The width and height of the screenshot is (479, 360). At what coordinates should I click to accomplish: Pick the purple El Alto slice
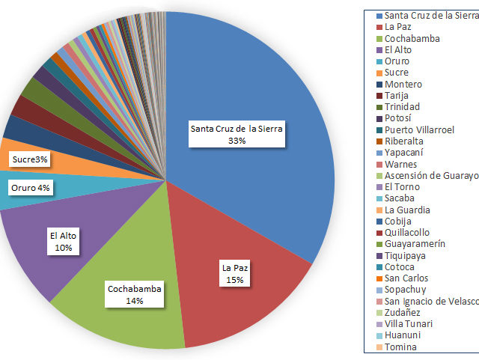pos(45,254)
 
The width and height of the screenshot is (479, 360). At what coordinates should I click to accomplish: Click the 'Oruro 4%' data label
pos(31,188)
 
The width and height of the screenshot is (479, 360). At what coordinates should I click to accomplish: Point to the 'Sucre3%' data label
pos(29,160)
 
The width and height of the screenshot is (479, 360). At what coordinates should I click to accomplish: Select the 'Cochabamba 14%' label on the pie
pos(135,294)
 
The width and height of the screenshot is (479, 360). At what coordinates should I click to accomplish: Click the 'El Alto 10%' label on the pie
pos(64,241)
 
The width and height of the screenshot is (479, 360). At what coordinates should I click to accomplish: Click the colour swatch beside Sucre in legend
pos(379,73)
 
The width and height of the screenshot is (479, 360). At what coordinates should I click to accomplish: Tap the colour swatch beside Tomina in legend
pos(379,347)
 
